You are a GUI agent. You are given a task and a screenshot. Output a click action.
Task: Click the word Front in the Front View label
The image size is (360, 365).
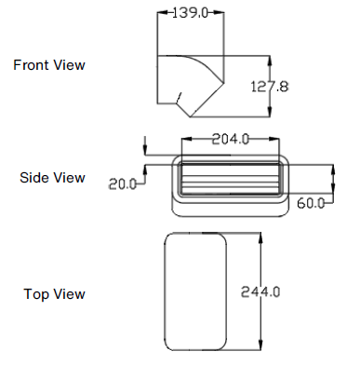pyautogui.click(x=32, y=65)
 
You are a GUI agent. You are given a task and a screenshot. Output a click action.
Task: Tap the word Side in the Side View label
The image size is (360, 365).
pyautogui.click(x=34, y=178)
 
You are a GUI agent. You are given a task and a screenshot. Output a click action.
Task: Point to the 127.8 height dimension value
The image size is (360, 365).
pyautogui.click(x=271, y=86)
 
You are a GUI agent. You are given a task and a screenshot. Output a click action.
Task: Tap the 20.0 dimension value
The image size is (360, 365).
pyautogui.click(x=121, y=183)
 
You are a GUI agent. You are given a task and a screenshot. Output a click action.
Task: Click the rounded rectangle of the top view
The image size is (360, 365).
pyautogui.click(x=195, y=289)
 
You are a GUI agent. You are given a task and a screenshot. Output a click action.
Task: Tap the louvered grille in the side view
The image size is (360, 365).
pyautogui.click(x=230, y=176)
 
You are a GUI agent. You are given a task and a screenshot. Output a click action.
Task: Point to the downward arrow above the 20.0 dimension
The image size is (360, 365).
pyautogui.click(x=145, y=146)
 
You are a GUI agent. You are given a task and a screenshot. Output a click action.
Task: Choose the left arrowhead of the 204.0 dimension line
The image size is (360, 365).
pyautogui.click(x=185, y=140)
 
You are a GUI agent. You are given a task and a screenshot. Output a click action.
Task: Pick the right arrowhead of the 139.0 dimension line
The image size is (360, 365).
pyautogui.click(x=223, y=13)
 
